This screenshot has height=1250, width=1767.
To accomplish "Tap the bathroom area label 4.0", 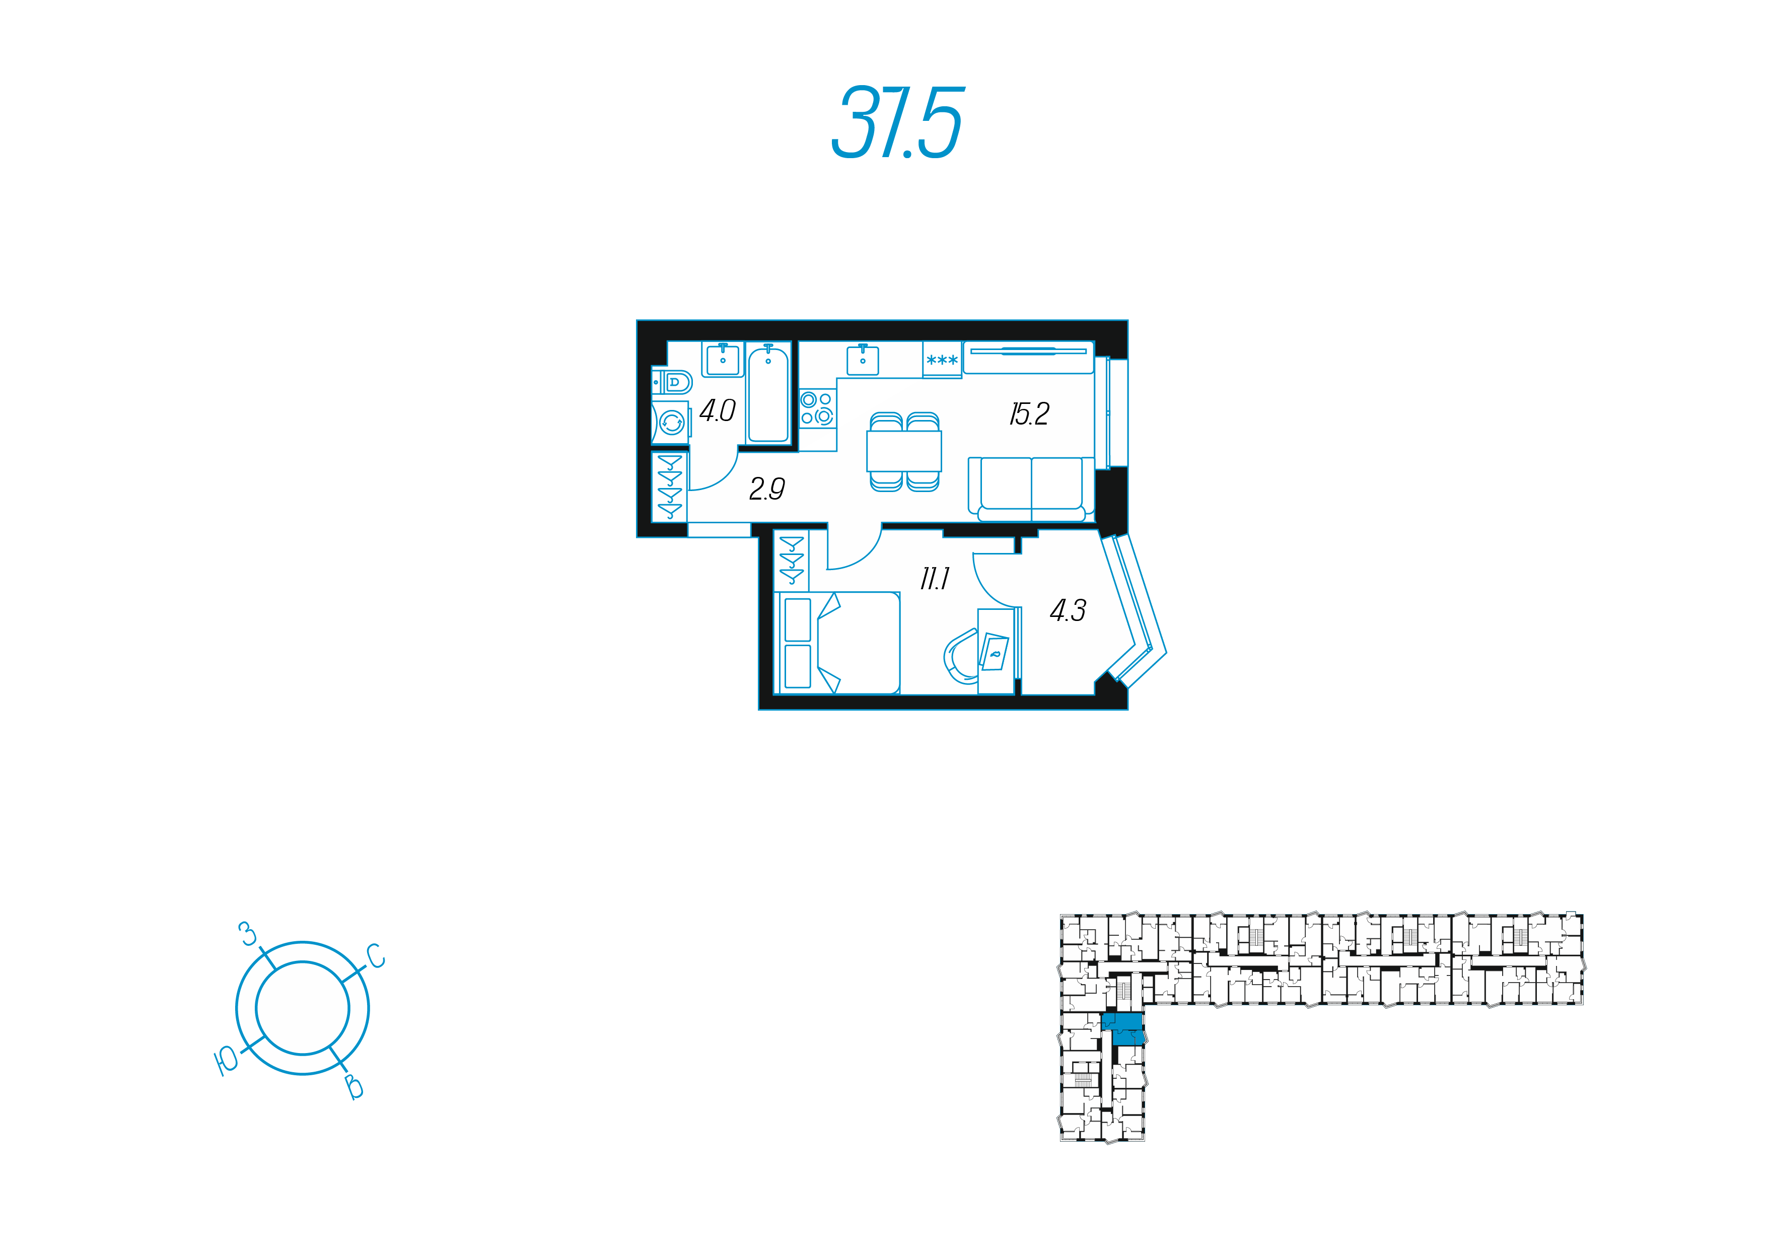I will click(717, 411).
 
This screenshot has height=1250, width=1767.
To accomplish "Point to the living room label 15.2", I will click(1029, 414).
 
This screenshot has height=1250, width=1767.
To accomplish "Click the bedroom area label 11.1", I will click(934, 579).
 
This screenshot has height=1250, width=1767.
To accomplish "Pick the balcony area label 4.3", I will click(1068, 611).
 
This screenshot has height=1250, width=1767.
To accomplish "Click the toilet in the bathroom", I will click(673, 382).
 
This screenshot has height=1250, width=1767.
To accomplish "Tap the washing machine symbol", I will click(671, 423).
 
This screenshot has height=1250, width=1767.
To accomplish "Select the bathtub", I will click(768, 394).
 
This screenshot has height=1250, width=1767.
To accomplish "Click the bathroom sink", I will click(723, 359).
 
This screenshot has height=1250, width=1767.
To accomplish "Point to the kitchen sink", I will click(863, 360).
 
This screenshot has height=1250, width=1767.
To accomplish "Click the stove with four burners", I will click(817, 408).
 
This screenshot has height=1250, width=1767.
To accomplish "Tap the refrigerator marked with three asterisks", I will click(942, 360).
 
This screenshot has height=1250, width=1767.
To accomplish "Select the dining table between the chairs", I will click(904, 451).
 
